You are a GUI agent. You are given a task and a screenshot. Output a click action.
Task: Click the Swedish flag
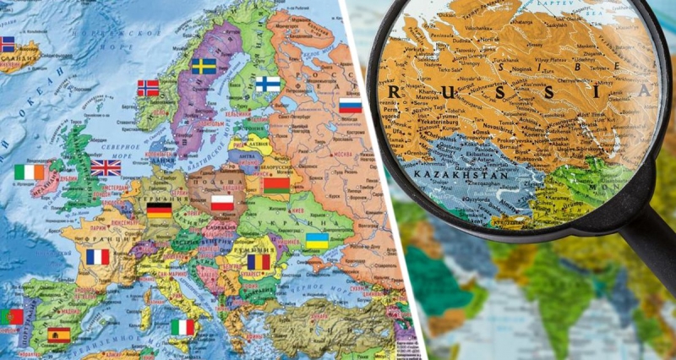tap(204, 66)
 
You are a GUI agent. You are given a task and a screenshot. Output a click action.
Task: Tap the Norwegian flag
tap(148, 88)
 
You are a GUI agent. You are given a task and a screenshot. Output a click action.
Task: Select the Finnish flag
tap(268, 85)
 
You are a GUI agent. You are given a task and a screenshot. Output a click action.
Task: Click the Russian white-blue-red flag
tap(350, 106)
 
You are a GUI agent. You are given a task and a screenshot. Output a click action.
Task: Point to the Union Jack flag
tap(106, 167)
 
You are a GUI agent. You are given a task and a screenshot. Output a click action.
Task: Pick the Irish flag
tap(28, 172)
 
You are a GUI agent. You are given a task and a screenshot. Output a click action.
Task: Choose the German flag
tap(159, 210)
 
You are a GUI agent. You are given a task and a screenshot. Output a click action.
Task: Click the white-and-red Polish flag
tap(222, 203)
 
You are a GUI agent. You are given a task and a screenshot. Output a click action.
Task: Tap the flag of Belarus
tap(275, 185)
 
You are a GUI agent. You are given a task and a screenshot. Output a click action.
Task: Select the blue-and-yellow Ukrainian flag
tap(317, 241)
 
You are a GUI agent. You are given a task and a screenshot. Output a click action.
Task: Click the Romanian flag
tap(258, 262)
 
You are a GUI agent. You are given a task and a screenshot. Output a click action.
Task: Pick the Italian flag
tap(183, 327)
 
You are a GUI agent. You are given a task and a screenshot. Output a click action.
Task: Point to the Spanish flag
tap(59, 334)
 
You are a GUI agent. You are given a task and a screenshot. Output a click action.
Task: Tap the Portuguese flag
tap(11, 317)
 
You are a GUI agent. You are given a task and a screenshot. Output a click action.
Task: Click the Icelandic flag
tap(7, 44)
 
